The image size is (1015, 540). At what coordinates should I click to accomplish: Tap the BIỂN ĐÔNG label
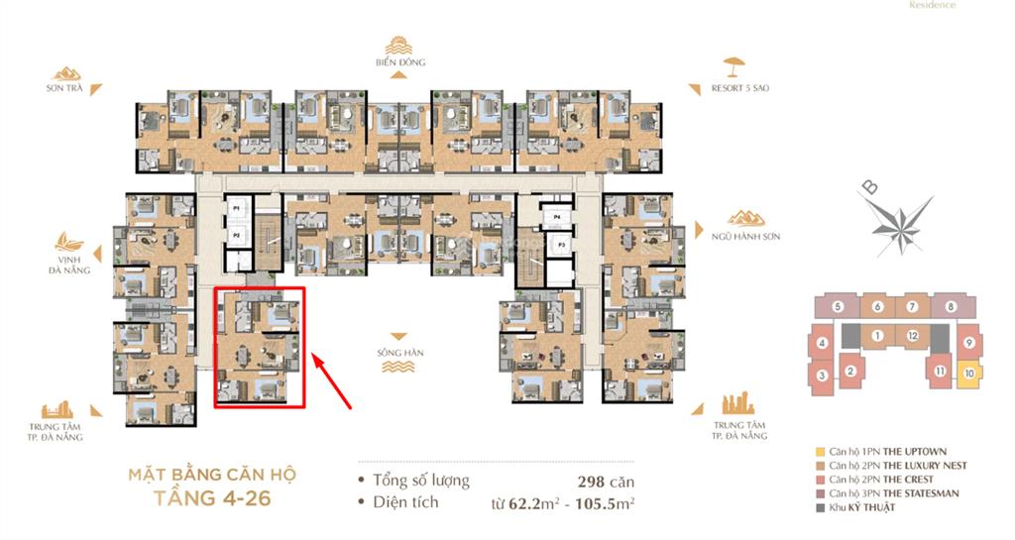[400, 62]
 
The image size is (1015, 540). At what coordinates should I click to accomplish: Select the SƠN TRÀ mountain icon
[68, 72]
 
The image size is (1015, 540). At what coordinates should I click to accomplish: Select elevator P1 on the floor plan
[236, 209]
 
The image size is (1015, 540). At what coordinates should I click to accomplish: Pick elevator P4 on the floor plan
[558, 216]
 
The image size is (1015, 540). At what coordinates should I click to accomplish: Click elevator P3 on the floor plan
[561, 243]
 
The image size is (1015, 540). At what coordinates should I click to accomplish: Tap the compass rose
[897, 221]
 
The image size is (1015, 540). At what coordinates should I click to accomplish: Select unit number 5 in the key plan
[838, 307]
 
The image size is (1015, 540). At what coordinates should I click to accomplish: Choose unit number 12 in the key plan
[912, 337]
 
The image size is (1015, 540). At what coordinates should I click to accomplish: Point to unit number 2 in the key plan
[850, 372]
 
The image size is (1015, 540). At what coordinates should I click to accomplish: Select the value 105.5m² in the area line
[607, 503]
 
